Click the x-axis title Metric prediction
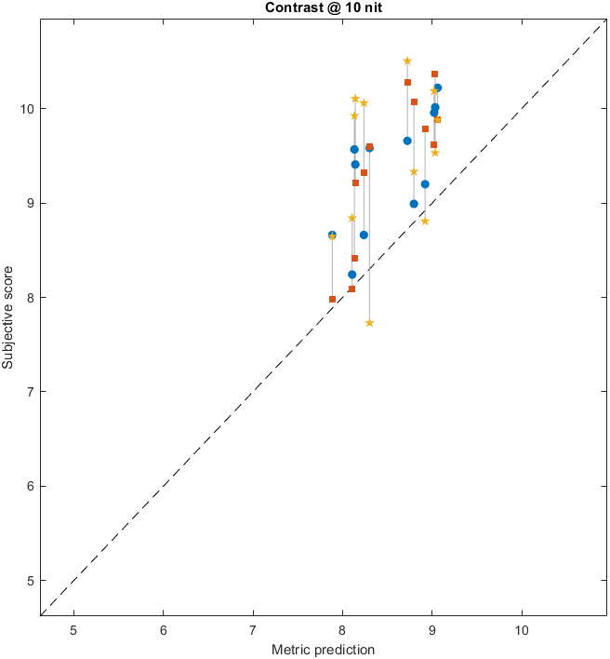tap(323, 649)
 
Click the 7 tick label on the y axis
tap(30, 392)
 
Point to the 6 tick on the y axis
tap(30, 486)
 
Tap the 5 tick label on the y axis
tap(30, 581)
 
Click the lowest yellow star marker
tap(369, 323)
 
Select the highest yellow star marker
tap(407, 61)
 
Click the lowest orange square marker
tap(332, 299)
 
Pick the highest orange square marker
tap(434, 74)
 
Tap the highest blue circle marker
tap(438, 87)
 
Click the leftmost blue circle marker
tap(332, 235)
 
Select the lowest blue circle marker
tap(351, 275)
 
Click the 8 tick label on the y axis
tap(30, 298)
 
